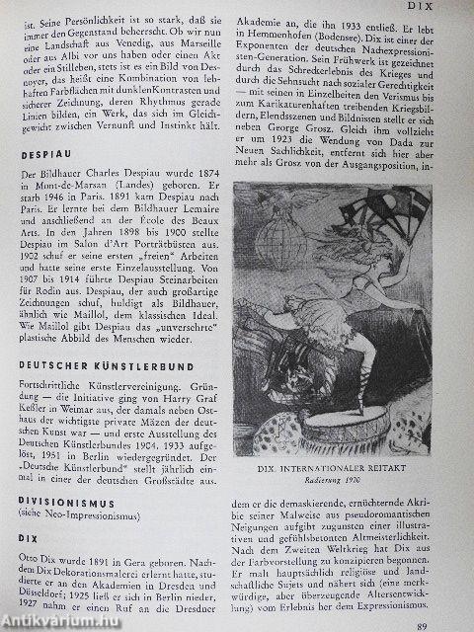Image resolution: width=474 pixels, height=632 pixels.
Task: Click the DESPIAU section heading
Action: (44, 155)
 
